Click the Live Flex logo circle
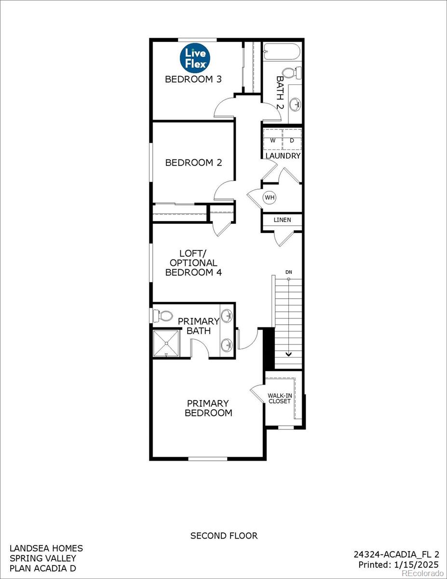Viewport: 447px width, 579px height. [195, 58]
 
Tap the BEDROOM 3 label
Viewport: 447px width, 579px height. [193, 79]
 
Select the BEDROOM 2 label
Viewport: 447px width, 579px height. [193, 163]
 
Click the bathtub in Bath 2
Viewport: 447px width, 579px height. [282, 51]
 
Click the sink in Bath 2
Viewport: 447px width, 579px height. [296, 102]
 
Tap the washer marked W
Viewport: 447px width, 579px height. [273, 141]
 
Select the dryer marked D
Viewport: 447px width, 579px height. [292, 141]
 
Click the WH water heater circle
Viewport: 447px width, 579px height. [269, 197]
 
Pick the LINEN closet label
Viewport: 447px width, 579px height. [282, 220]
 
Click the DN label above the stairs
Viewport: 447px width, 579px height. [288, 273]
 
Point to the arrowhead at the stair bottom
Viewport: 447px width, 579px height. [288, 354]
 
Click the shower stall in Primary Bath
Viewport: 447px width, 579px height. [166, 343]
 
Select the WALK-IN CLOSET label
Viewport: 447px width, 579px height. [280, 398]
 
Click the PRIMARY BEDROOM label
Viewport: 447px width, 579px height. [208, 408]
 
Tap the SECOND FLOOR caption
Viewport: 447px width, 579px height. [224, 536]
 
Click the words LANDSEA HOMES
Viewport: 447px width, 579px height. [46, 548]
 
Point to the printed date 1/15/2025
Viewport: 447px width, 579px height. [415, 565]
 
